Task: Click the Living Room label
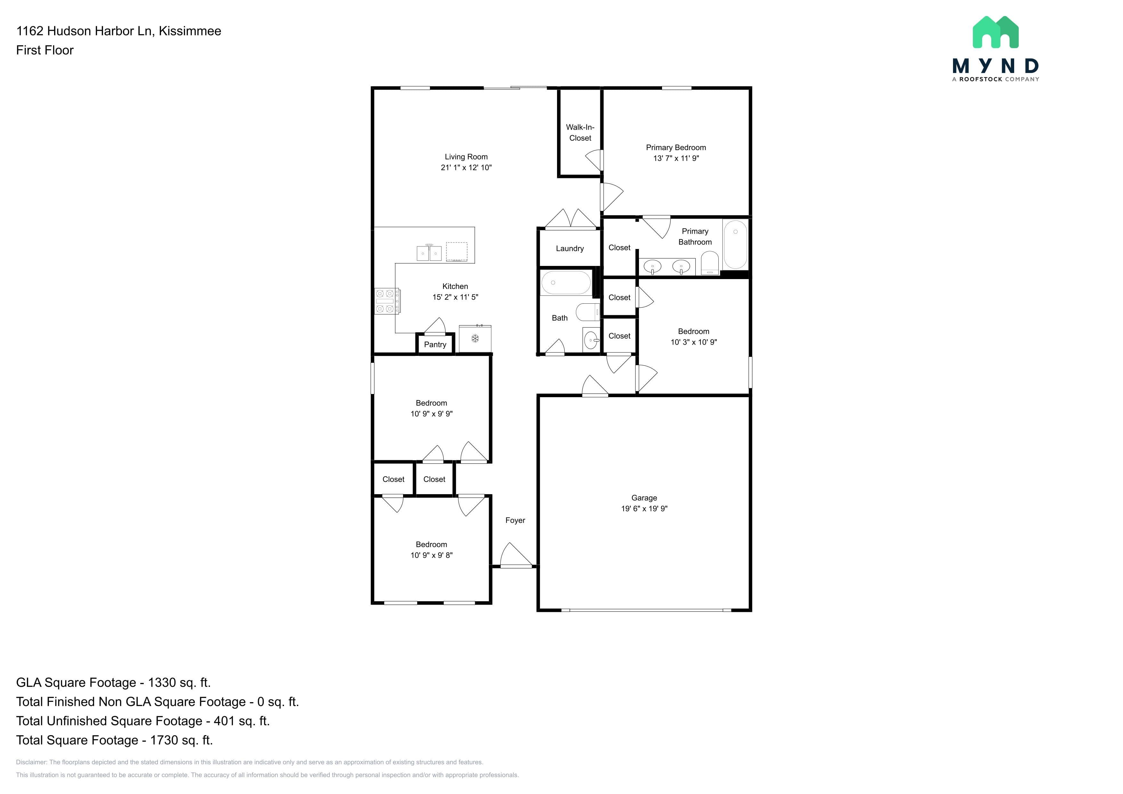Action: pyautogui.click(x=466, y=156)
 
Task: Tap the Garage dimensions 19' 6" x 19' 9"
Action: pyautogui.click(x=644, y=509)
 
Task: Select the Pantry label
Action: pyautogui.click(x=435, y=345)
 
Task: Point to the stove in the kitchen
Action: pyautogui.click(x=387, y=301)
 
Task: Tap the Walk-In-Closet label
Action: pyautogui.click(x=580, y=132)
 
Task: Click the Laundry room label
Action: pyautogui.click(x=570, y=248)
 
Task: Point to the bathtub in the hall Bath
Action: pyautogui.click(x=566, y=283)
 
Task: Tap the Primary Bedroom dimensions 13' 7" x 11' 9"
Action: pyautogui.click(x=676, y=158)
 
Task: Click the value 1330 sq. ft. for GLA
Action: pyautogui.click(x=179, y=683)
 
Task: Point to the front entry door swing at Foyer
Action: pyautogui.click(x=516, y=555)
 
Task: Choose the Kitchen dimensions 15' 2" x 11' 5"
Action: pyautogui.click(x=455, y=297)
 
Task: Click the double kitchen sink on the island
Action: pyautogui.click(x=429, y=253)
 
